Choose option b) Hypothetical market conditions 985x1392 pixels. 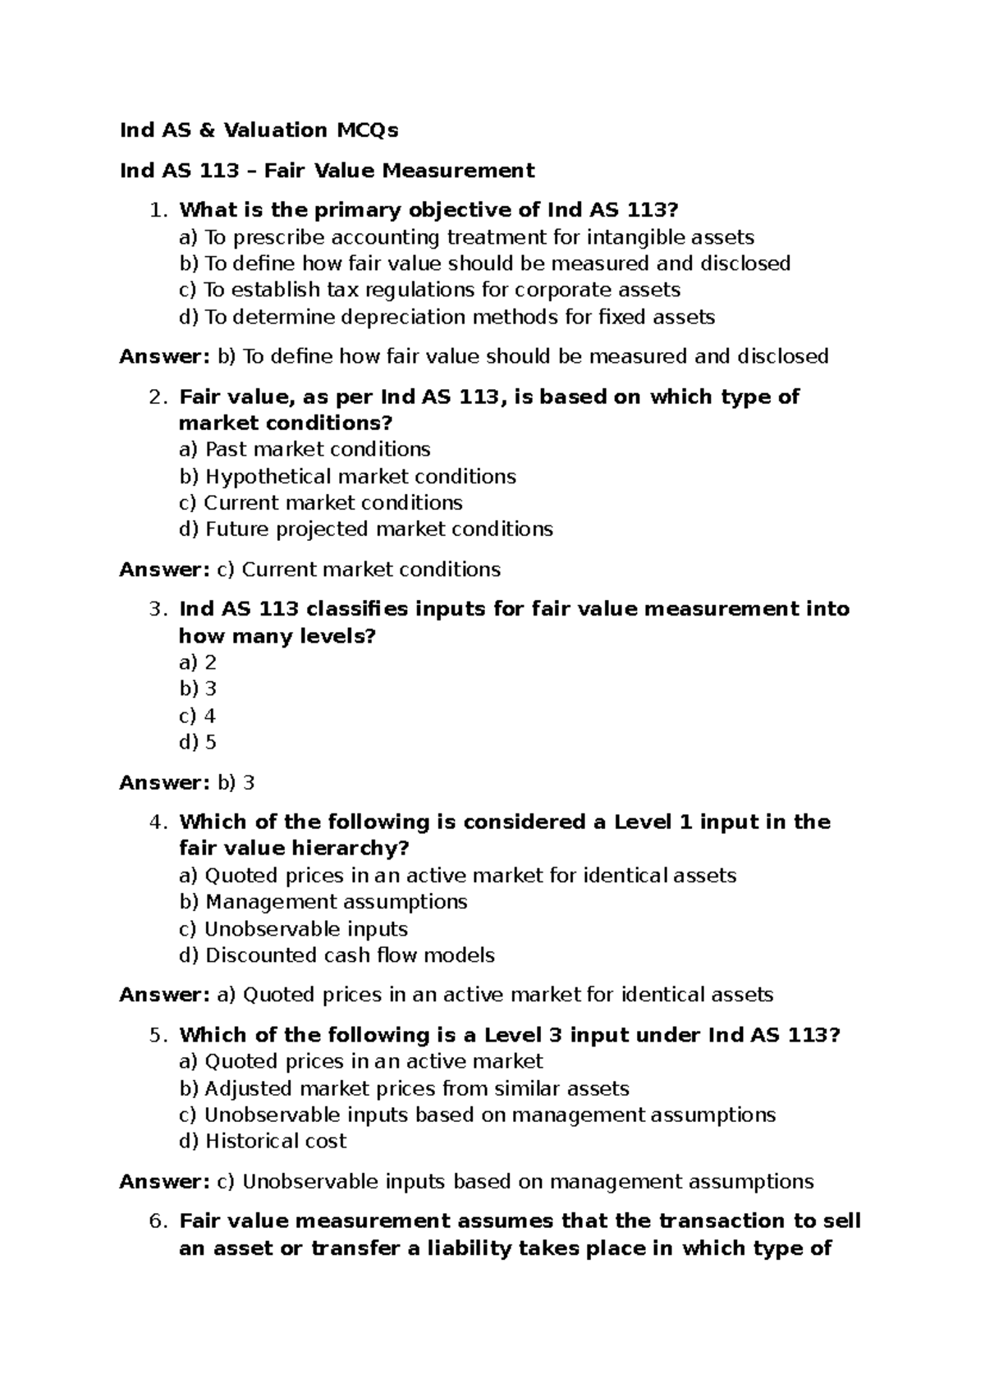pos(347,476)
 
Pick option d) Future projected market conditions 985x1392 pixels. pos(366,529)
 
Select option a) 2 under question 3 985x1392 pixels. pos(197,662)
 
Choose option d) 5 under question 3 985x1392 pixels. pos(197,742)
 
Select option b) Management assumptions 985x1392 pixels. pos(323,901)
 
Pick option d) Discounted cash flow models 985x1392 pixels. pos(337,955)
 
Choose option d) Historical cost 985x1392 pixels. pos(263,1141)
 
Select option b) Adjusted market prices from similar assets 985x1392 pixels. pos(404,1088)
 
